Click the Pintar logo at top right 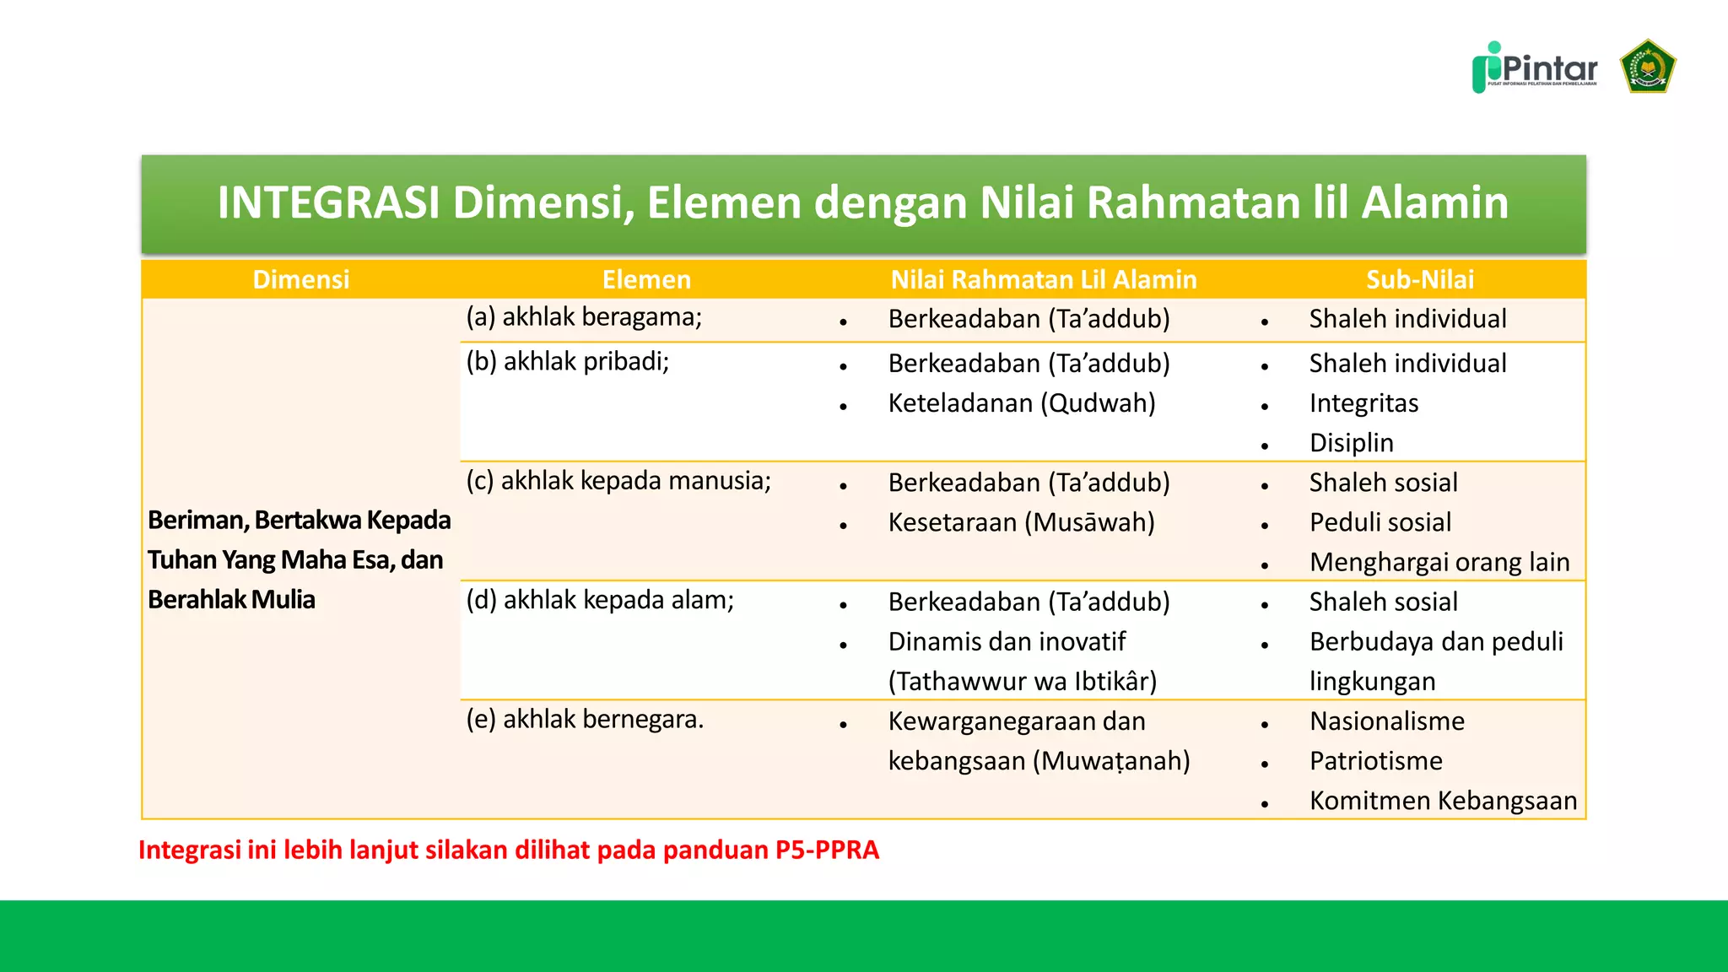pos(1535,67)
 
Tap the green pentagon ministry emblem pos(1647,67)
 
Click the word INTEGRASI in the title pos(328,202)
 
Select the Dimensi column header pos(300,279)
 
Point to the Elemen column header pos(646,279)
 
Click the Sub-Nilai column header pos(1419,279)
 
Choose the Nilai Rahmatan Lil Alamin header pos(1043,279)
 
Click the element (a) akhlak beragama pos(584,317)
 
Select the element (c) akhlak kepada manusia pos(618,481)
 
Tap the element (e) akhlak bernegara pos(585,720)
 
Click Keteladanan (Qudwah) pos(1021,403)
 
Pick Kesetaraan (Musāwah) pos(1021,522)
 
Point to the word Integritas pos(1363,403)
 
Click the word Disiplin pos(1351,443)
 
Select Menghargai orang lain pos(1439,562)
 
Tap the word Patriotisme pos(1375,761)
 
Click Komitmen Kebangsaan pos(1443,801)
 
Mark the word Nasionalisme pos(1386,721)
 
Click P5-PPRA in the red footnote pos(827,850)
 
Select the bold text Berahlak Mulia pos(231,600)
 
